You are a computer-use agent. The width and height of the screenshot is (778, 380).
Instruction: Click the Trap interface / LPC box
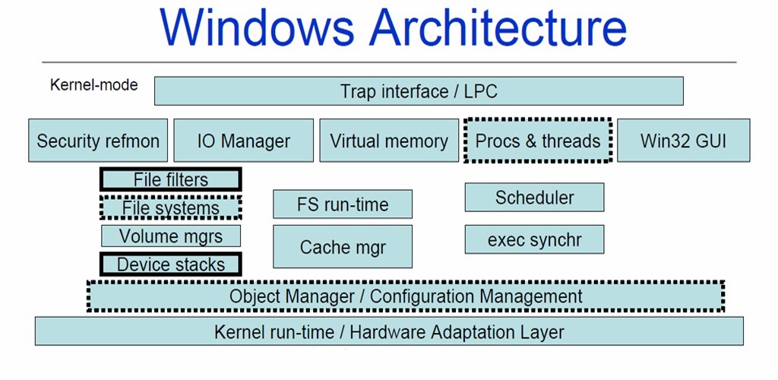click(x=419, y=90)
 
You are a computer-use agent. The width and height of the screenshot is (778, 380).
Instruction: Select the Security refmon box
click(x=98, y=141)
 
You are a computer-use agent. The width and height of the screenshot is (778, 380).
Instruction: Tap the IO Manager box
click(x=244, y=141)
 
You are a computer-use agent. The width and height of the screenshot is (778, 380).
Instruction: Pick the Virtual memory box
click(x=389, y=141)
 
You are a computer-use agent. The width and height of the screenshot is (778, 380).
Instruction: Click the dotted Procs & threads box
click(x=538, y=140)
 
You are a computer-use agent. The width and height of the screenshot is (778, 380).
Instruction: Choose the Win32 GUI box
click(x=683, y=141)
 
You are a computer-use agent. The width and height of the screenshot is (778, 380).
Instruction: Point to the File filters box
click(x=171, y=179)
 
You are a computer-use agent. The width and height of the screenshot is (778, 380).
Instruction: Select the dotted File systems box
click(x=171, y=207)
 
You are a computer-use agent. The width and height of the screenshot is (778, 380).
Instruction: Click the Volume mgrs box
click(x=171, y=236)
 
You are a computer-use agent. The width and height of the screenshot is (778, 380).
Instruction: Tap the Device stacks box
click(x=171, y=264)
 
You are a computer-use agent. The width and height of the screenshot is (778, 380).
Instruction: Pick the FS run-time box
click(x=343, y=204)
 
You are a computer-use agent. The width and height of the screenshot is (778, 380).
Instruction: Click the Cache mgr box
click(x=343, y=246)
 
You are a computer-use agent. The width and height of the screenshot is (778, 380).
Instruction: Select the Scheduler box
click(x=534, y=197)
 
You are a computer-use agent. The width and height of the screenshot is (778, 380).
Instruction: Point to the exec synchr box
click(x=534, y=239)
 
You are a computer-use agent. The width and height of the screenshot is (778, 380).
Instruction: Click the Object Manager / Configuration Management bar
click(x=406, y=296)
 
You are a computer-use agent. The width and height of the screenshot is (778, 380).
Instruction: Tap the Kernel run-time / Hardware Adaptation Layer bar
click(x=389, y=331)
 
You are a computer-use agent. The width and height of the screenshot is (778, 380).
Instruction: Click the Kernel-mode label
click(x=93, y=85)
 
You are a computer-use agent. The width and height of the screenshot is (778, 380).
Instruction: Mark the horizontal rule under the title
click(x=389, y=62)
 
